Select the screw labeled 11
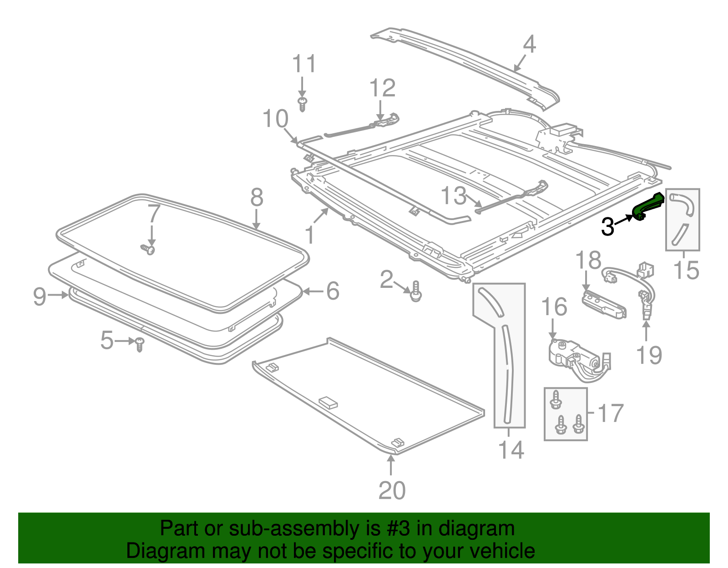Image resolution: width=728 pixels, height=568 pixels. coord(302,104)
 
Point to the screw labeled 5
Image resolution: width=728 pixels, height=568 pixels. coord(140,344)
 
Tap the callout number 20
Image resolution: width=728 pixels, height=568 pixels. coord(392,491)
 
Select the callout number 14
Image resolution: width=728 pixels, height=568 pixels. coord(511,450)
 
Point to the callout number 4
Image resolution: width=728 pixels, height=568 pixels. coord(529,45)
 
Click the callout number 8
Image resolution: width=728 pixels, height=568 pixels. coord(257,198)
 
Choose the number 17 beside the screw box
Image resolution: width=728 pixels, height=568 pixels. coord(610,413)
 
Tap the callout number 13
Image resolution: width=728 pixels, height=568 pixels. coord(454,196)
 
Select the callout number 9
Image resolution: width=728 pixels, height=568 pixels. coord(40,297)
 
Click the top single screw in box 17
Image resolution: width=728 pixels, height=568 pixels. coord(556,400)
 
